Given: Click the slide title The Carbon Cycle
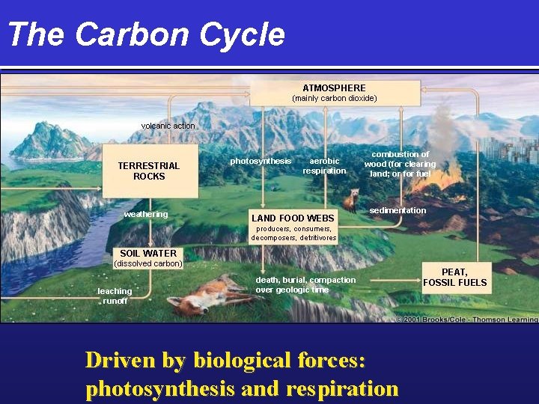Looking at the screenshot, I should (x=146, y=34).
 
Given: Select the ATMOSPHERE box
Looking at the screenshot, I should (x=334, y=93).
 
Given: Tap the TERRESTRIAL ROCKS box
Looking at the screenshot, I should (x=150, y=171).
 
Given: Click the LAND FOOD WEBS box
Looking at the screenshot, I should (x=293, y=218).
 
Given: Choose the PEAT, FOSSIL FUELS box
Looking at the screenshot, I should (x=454, y=278).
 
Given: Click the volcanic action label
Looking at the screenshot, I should (x=168, y=126).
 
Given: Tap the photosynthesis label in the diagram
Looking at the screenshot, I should (x=261, y=161).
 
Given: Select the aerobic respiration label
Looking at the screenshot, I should (x=324, y=165).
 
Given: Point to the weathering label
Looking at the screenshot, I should (x=146, y=214).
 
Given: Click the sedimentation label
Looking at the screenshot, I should (x=398, y=210).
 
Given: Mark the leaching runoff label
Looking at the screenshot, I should (x=115, y=296).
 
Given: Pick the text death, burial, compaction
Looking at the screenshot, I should (x=305, y=280).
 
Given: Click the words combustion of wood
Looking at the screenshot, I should (x=400, y=159).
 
